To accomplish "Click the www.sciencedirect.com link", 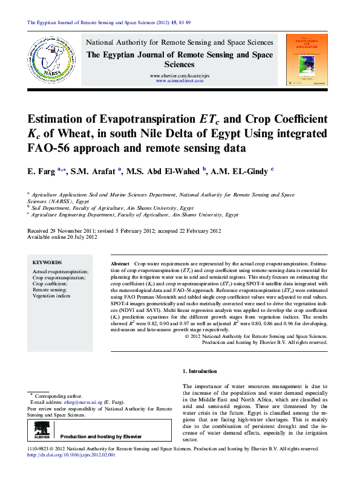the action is (180, 80).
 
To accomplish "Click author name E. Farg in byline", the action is (40, 172).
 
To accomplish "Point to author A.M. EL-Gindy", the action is (239, 172).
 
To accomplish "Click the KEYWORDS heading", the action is (47, 263).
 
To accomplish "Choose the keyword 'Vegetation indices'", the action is (51, 296).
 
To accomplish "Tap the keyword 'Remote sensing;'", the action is (50, 290).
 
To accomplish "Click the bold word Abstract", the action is (120, 265).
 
